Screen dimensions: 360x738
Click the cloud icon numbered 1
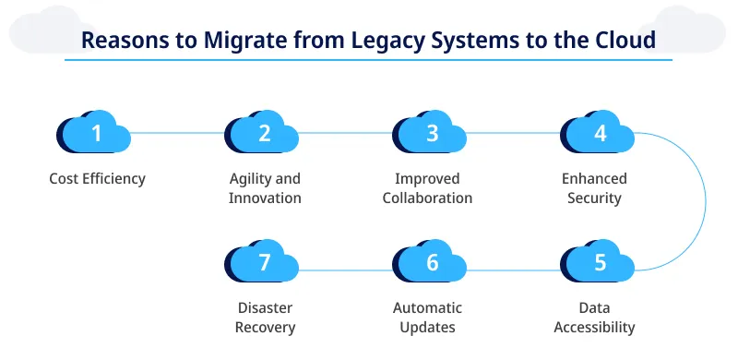94,135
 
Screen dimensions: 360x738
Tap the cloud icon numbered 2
263,135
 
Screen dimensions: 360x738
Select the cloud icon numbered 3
431,135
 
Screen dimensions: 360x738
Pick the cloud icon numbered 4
599,135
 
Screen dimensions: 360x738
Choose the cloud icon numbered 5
599,264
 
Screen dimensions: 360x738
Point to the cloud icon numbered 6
431,264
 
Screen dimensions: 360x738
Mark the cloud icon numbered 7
263,264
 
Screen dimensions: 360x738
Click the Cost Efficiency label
97,179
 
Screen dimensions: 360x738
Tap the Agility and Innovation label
265,188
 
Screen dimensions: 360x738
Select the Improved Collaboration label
427,188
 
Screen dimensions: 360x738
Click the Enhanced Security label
595,188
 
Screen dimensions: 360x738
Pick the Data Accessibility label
595,318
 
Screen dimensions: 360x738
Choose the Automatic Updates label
427,318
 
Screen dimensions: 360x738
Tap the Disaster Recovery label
265,318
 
